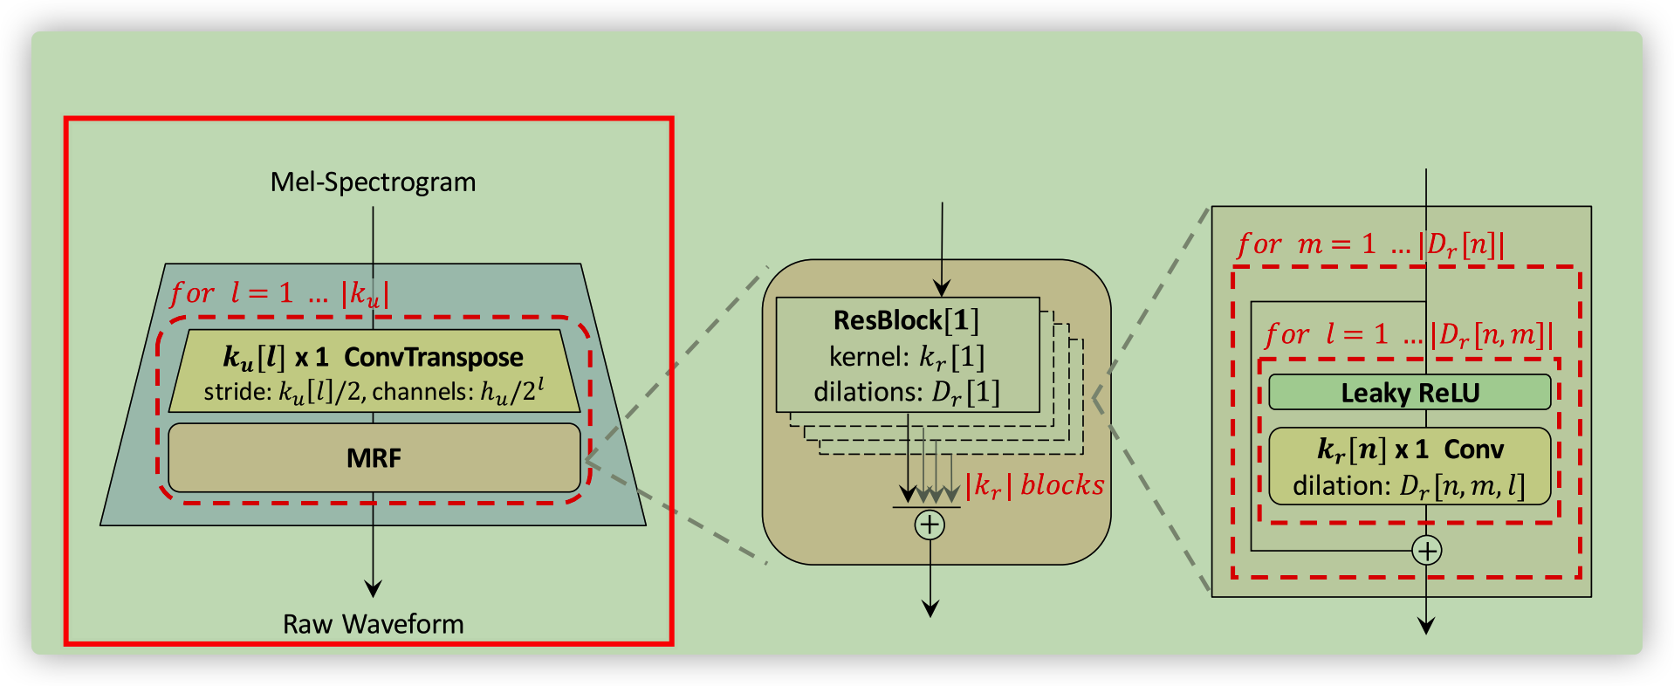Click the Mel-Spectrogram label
(x=373, y=182)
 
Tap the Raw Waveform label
(x=373, y=624)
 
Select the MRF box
(x=374, y=458)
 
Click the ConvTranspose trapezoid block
(x=374, y=358)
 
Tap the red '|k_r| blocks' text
(x=1035, y=485)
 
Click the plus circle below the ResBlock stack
(x=930, y=525)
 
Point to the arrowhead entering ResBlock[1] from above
(x=942, y=288)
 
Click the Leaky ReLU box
(x=1410, y=393)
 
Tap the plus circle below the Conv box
(x=1426, y=551)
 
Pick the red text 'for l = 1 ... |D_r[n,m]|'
(x=1408, y=334)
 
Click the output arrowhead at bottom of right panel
(x=1426, y=625)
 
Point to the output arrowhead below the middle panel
(x=930, y=608)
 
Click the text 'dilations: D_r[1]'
(x=907, y=393)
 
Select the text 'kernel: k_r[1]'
(x=907, y=357)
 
